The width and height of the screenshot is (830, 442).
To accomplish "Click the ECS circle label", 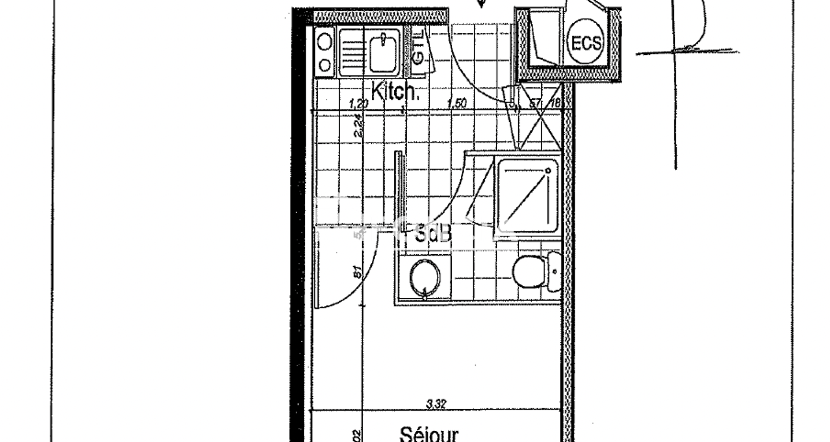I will (x=586, y=44).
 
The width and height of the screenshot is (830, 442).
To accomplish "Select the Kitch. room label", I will (x=395, y=92).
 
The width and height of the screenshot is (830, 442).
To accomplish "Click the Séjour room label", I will (x=429, y=433).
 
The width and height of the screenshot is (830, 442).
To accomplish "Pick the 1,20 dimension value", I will (x=358, y=104).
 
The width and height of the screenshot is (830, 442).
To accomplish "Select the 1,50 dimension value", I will (x=457, y=103).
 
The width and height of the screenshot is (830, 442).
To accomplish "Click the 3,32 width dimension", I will (x=436, y=404).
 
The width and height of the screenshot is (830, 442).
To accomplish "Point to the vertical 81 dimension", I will (x=358, y=272).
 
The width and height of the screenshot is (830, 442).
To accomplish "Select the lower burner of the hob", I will (x=325, y=65).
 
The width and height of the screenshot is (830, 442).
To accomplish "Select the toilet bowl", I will (x=529, y=272).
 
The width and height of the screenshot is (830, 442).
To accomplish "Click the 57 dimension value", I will (x=535, y=104).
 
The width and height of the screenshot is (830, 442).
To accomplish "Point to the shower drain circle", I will (x=548, y=171).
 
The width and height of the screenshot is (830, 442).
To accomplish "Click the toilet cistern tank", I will (x=554, y=272).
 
